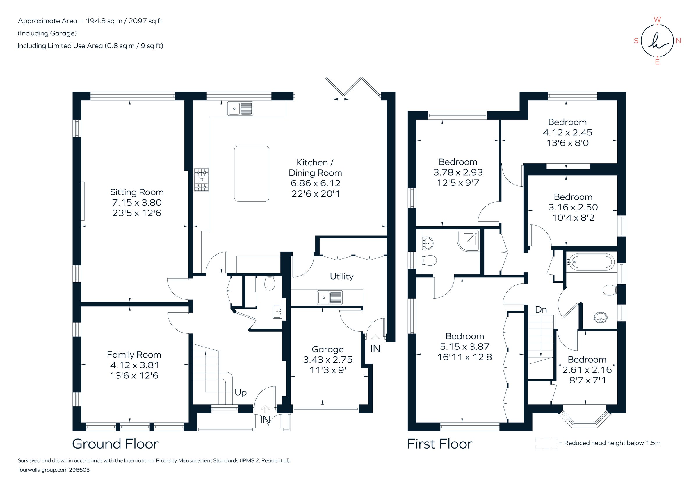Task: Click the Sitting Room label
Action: click(x=136, y=192)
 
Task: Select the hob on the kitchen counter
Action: click(x=202, y=180)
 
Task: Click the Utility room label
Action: click(x=342, y=276)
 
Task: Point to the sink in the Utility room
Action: click(x=330, y=298)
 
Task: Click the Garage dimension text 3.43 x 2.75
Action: click(x=328, y=360)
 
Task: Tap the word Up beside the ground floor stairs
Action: click(x=241, y=392)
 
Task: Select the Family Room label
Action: click(x=134, y=355)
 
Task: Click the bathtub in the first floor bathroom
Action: click(x=591, y=262)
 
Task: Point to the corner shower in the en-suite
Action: click(x=468, y=240)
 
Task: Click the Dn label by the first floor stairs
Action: click(x=541, y=310)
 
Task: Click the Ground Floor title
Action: click(x=115, y=444)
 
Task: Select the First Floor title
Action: click(x=439, y=444)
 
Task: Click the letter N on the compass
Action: click(x=678, y=41)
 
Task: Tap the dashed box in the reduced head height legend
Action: click(x=546, y=443)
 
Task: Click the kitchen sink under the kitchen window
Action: click(x=240, y=108)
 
